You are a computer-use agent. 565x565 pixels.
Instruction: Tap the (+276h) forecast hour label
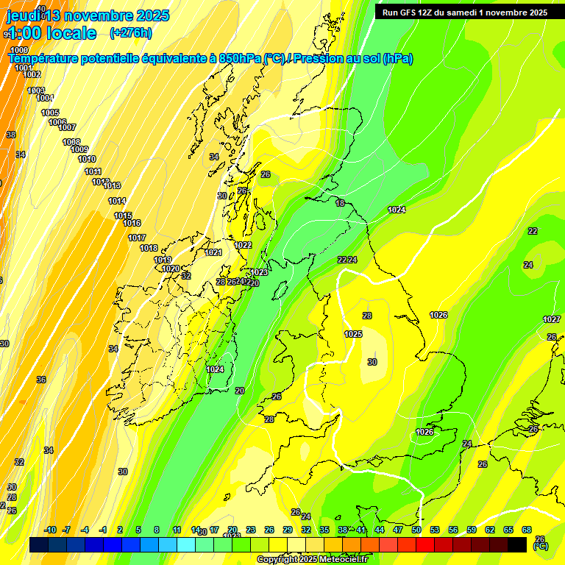point(131,32)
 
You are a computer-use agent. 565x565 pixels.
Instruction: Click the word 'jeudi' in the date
point(23,15)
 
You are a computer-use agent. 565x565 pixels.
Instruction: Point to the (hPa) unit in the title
point(397,59)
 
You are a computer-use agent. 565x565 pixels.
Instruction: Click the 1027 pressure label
point(552,319)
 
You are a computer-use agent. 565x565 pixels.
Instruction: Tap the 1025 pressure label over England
point(353,334)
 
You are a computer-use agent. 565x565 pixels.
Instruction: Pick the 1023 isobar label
point(259,272)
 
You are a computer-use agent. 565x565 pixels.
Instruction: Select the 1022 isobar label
point(243,245)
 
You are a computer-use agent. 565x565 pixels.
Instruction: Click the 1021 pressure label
point(213,252)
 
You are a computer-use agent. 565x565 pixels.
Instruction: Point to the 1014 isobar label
point(117,201)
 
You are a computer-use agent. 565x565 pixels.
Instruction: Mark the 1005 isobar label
point(50,113)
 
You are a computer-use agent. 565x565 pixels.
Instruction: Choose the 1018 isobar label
point(149,248)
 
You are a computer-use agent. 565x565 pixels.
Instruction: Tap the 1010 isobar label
point(87,159)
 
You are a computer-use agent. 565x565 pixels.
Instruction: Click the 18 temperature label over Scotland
point(340,203)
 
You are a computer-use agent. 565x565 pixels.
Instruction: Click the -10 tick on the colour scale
point(50,530)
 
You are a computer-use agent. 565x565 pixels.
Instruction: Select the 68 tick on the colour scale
point(527,530)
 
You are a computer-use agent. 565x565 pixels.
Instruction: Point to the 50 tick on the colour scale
point(416,530)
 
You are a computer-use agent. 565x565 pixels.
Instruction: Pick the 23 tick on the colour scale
point(251,530)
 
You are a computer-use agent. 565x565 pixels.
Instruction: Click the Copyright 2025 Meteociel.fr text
point(311,559)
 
